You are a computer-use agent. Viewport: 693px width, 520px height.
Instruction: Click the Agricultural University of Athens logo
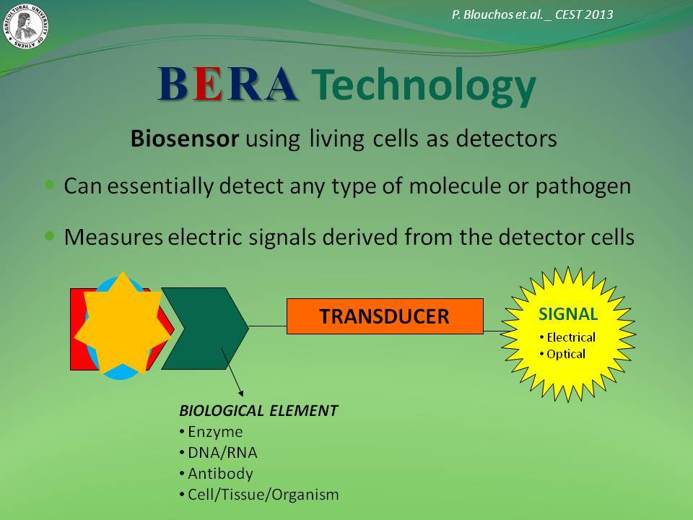pos(26,26)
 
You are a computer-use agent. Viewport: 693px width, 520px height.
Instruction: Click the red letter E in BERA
pos(207,84)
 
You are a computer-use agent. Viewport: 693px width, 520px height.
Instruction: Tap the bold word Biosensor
pos(185,139)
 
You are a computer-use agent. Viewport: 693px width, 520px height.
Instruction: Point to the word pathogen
pos(583,186)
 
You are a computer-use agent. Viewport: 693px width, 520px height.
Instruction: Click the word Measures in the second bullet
pos(113,237)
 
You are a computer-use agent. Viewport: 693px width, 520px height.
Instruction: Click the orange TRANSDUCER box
pos(385,316)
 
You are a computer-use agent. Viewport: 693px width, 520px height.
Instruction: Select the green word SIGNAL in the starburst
pos(568,314)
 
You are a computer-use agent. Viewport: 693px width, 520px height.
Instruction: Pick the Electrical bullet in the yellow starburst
pos(567,337)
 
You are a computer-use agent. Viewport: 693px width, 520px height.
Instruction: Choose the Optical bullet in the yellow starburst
pos(562,354)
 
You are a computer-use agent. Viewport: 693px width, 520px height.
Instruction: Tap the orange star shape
pos(123,323)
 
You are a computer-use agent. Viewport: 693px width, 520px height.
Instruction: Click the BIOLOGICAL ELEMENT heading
pos(258,411)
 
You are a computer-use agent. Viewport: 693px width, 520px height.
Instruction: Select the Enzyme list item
pos(212,432)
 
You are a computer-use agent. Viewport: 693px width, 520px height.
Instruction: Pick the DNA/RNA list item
pos(218,453)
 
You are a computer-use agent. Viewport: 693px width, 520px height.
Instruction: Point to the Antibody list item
pos(216,474)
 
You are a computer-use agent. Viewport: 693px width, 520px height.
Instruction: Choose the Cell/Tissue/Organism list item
pos(259,495)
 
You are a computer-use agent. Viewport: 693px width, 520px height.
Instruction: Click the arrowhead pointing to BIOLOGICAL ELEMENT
pos(240,393)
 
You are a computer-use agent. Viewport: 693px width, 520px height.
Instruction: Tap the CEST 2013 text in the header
pos(584,14)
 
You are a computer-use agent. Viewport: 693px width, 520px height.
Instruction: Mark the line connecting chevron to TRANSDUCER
pos(268,326)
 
